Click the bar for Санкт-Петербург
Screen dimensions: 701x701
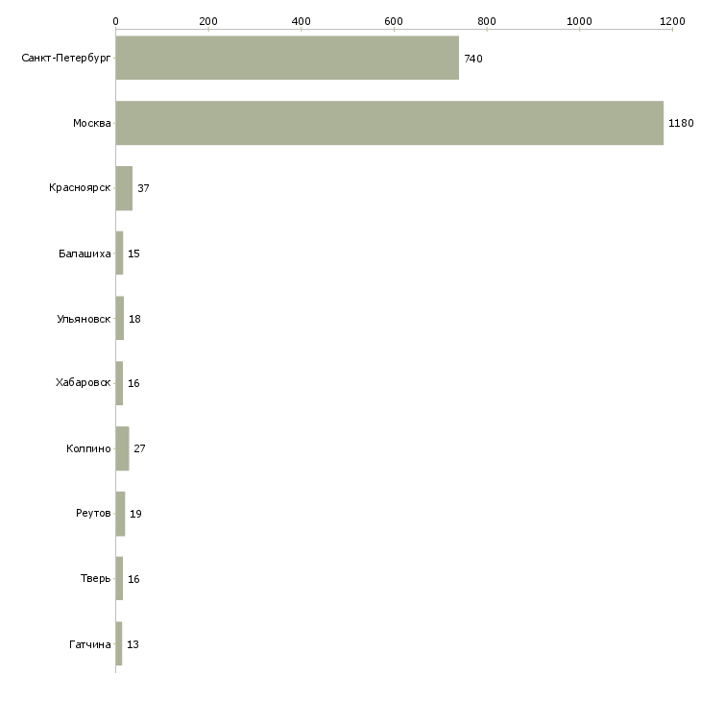click(x=287, y=58)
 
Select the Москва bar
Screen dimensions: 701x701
click(x=389, y=123)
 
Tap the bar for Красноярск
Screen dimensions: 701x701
click(x=124, y=188)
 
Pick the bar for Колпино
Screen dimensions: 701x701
click(x=122, y=448)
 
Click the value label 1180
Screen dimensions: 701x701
click(x=681, y=124)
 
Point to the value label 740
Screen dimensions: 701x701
click(x=473, y=59)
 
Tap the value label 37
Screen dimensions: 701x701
click(x=143, y=188)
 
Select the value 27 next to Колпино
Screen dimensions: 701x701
click(x=139, y=448)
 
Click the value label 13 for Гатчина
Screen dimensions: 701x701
click(x=133, y=644)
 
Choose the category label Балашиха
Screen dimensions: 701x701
click(x=85, y=254)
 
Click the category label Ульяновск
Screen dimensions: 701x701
click(x=84, y=319)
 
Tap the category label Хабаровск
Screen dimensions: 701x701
click(x=84, y=383)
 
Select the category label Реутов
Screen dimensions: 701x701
click(x=93, y=514)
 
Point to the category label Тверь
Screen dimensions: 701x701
click(x=96, y=579)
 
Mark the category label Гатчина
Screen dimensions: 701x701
click(x=90, y=644)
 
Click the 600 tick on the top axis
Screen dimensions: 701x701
click(x=393, y=20)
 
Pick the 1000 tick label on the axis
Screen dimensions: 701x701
click(x=578, y=20)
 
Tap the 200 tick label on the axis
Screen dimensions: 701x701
click(x=207, y=20)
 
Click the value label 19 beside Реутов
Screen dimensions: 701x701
click(x=135, y=514)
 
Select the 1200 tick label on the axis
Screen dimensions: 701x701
click(x=671, y=20)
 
